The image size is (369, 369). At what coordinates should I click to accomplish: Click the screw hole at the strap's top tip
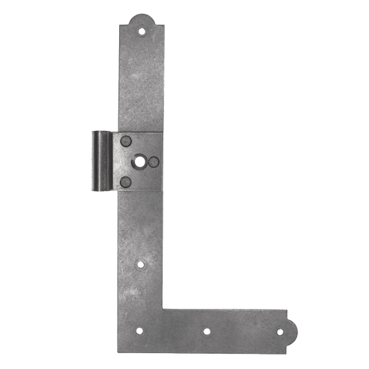pos(143,30)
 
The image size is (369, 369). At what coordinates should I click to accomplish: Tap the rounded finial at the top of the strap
pos(143,17)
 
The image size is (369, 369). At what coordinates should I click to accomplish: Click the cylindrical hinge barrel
pos(100,161)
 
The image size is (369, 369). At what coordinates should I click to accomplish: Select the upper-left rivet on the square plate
pos(125,141)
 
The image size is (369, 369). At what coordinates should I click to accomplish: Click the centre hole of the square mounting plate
pos(140,162)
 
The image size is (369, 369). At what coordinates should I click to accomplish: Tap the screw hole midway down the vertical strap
pos(141,264)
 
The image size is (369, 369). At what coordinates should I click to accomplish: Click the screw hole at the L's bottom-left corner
pos(139,331)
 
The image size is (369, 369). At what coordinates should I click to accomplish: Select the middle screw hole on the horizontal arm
pos(206,331)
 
